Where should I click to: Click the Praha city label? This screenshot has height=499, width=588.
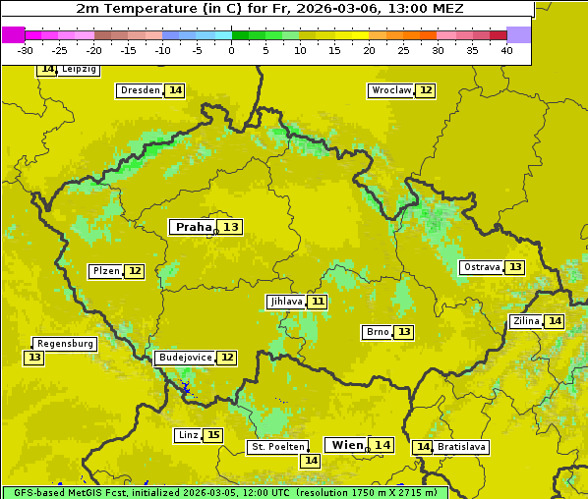(x=193, y=227)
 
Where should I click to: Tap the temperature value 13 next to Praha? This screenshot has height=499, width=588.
(x=230, y=227)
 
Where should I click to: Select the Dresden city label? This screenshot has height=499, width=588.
(x=139, y=90)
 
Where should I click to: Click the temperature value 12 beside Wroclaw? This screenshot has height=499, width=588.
(x=425, y=90)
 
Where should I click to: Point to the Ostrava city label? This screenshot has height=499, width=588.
(x=481, y=267)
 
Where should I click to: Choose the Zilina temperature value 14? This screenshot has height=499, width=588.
(x=555, y=321)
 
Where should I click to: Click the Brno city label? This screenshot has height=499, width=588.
(x=377, y=332)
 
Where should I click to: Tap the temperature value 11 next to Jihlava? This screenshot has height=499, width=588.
(x=317, y=302)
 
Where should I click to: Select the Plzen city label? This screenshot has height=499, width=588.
(x=105, y=271)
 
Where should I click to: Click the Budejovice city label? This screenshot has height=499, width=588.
(x=184, y=358)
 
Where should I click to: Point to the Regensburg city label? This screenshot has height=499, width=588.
(x=65, y=344)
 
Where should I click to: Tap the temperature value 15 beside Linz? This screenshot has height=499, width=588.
(x=212, y=435)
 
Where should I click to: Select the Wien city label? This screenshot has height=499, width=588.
(x=346, y=445)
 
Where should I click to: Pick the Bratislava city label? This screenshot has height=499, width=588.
(x=461, y=447)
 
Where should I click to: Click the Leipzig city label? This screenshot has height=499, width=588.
(x=79, y=70)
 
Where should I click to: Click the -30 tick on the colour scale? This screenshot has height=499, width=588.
(x=26, y=50)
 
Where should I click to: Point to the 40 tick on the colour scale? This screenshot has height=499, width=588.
(x=506, y=50)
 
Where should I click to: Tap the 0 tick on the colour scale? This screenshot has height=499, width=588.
(x=231, y=50)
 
